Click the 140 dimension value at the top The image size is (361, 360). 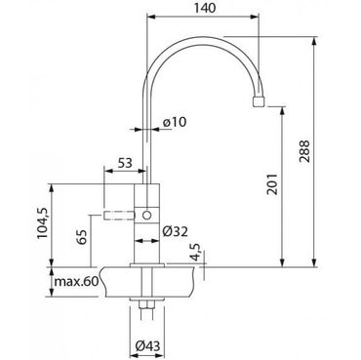pos(205,8)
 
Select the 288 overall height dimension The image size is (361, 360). pos(304,151)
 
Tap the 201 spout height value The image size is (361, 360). pos(272,184)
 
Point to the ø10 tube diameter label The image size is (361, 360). pos(174,122)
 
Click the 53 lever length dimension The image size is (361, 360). pos(125,163)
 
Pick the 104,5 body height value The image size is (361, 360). pos(42,223)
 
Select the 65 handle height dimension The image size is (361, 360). pos(82,237)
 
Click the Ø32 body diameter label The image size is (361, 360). pos(175,231)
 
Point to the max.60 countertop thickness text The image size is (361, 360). pos(76,282)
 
